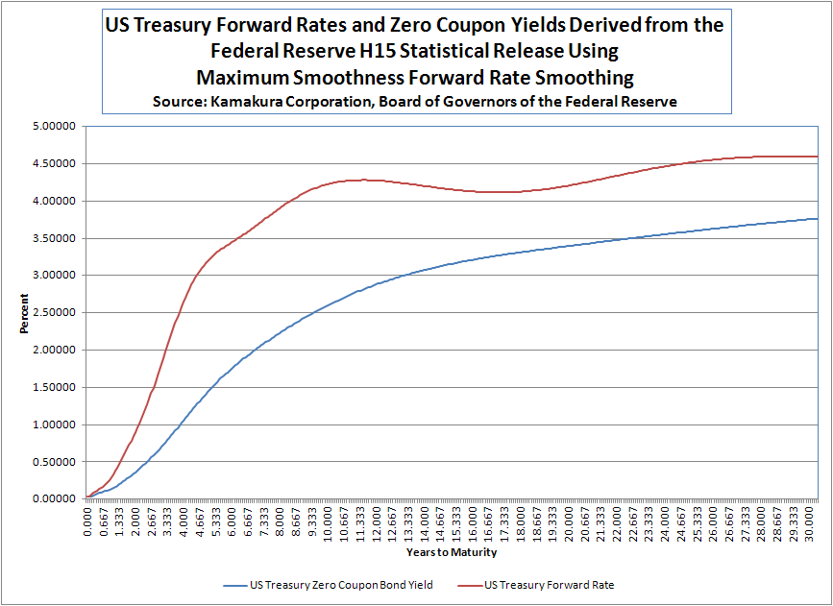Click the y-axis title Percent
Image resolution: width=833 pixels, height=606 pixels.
23,312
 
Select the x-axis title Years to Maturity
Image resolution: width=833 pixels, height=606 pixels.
451,552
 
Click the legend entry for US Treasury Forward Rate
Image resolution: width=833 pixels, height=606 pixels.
549,584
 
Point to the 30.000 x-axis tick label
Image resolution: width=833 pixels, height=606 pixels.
810,521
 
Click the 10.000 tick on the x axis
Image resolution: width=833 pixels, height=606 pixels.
329,521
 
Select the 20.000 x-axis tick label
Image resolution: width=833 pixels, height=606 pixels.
570,521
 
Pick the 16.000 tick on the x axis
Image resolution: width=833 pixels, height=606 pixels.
473,521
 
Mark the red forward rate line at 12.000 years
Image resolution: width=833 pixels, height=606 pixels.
377,180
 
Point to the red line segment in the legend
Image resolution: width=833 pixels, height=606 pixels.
463,584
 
